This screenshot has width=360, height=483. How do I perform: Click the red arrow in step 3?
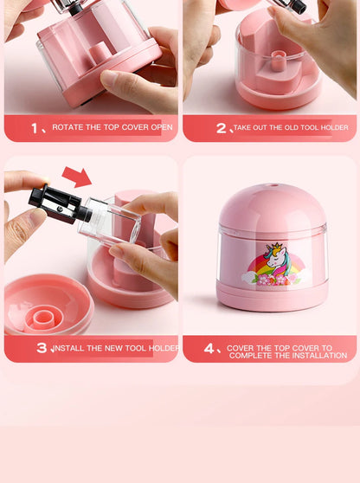[x=77, y=177]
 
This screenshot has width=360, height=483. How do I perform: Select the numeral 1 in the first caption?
[x=35, y=128]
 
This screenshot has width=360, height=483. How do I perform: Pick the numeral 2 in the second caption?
[x=222, y=128]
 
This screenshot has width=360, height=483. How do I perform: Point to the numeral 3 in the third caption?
[x=42, y=348]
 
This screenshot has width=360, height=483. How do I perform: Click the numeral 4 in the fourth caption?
[x=209, y=348]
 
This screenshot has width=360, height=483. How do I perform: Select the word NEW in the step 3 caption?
[x=113, y=348]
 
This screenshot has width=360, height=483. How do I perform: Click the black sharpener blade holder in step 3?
[x=60, y=204]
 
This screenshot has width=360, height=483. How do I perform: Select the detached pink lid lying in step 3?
[x=48, y=305]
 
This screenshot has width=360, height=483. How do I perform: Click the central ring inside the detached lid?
[x=44, y=318]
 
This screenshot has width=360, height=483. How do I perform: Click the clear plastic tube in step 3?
[x=109, y=222]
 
